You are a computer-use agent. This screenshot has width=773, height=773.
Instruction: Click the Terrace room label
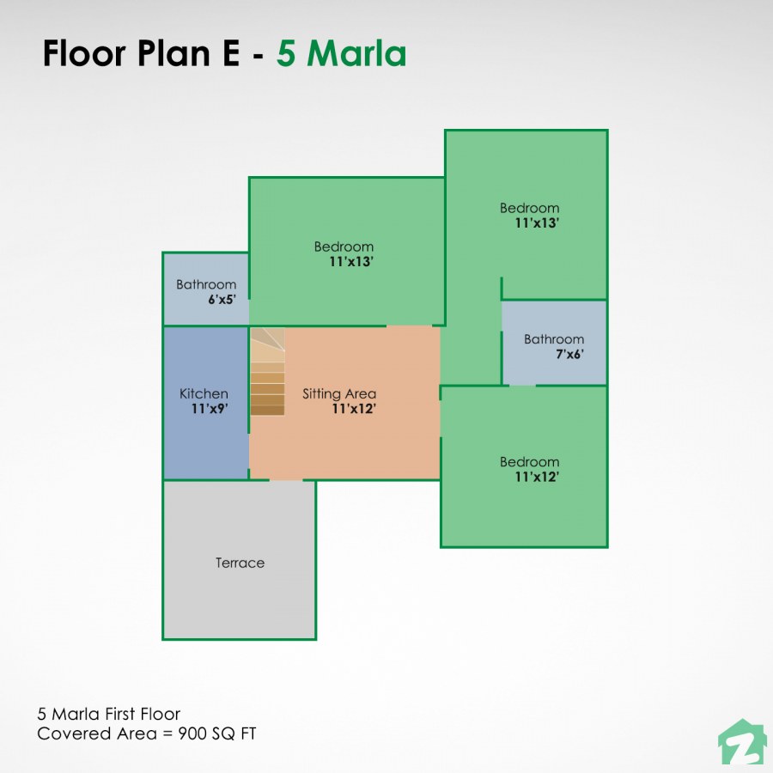pyautogui.click(x=240, y=563)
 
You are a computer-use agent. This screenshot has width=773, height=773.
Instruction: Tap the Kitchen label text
pyautogui.click(x=204, y=393)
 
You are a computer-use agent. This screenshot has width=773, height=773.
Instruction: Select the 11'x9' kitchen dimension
pyautogui.click(x=209, y=410)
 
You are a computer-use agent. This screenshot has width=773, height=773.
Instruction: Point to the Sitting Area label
pyautogui.click(x=338, y=393)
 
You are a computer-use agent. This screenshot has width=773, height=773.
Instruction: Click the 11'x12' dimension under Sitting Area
pyautogui.click(x=354, y=410)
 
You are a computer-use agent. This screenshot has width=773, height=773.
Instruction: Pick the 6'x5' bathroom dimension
pyautogui.click(x=222, y=301)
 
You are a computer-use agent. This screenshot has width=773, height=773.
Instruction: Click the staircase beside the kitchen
pyautogui.click(x=267, y=378)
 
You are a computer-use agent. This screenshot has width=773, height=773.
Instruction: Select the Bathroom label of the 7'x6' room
pyautogui.click(x=554, y=338)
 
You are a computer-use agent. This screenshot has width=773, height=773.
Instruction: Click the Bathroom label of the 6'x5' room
pyautogui.click(x=206, y=284)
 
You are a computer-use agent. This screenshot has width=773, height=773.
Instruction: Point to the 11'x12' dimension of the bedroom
pyautogui.click(x=537, y=478)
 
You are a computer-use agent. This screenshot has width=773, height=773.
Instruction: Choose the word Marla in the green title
pyautogui.click(x=356, y=53)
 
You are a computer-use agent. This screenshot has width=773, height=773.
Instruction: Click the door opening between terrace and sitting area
pyautogui.click(x=286, y=479)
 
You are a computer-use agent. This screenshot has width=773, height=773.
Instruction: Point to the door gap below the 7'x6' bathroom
pyautogui.click(x=522, y=386)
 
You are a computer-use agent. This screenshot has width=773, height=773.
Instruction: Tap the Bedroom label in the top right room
pyautogui.click(x=529, y=207)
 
